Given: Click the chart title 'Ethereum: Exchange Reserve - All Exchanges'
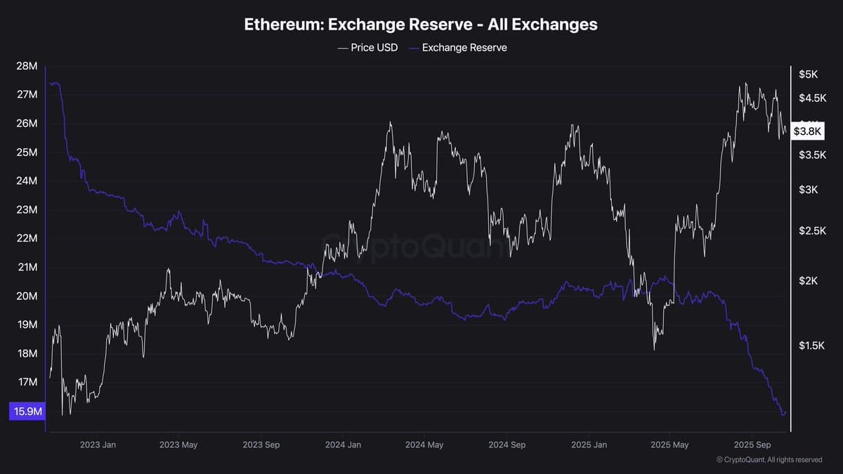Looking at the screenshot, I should point(421,24).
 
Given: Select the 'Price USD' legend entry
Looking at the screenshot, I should point(369,48).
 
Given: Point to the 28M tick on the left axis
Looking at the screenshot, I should point(27,66).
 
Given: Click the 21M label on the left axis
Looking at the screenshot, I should point(27,268).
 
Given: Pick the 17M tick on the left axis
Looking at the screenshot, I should point(27,383).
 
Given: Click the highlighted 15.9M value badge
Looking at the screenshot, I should point(27,412).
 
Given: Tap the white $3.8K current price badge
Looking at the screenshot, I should point(806,131).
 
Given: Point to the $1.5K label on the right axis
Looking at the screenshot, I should point(812,345).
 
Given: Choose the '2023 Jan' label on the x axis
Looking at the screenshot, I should point(98,445).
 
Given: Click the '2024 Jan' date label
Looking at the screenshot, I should point(343,445).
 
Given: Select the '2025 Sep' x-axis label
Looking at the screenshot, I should point(752,445).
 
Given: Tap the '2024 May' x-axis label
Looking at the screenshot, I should point(424,445).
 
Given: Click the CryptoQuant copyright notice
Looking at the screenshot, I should point(769,460).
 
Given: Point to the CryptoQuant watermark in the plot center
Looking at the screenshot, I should point(414,247).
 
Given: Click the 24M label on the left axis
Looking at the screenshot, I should point(27,181).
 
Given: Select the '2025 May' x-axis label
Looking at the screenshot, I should point(669,445).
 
